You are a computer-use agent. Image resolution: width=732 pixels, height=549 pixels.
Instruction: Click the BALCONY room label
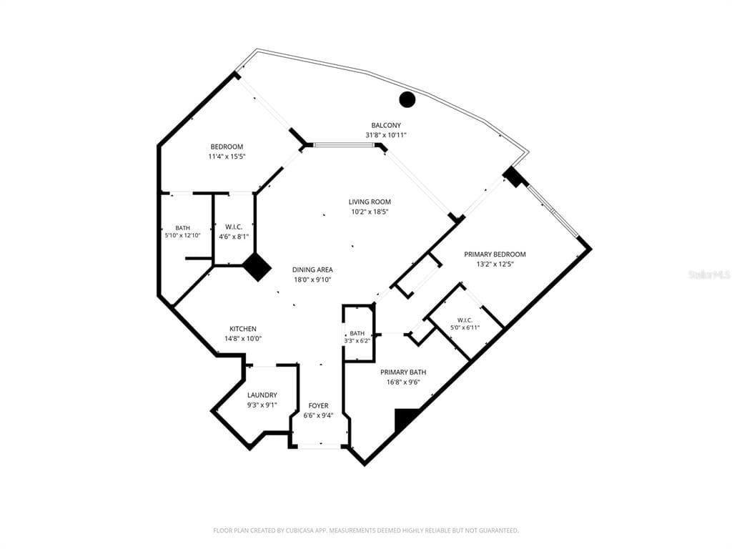point(385,125)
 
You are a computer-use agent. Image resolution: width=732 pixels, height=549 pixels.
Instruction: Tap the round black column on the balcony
point(407,99)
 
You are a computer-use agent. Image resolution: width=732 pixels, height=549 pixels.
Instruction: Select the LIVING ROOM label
point(370,202)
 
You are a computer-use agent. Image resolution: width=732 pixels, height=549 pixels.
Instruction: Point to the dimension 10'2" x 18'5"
point(370,212)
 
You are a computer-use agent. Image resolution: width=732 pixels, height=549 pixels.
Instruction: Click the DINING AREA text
point(312,269)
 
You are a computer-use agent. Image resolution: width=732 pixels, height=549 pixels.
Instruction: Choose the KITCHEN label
point(243,329)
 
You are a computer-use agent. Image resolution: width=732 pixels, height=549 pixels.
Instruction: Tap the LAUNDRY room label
point(262,395)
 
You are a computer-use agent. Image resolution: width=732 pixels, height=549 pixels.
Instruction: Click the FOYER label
point(318,406)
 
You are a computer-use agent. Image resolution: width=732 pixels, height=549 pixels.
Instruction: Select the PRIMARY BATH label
point(403,372)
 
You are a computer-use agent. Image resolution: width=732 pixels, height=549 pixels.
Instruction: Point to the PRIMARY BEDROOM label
point(495,254)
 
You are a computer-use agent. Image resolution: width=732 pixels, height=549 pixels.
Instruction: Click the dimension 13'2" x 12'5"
point(495,264)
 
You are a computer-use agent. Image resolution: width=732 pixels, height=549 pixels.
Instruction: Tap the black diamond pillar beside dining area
point(257,267)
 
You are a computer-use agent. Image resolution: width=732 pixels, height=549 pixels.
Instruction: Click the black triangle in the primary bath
point(405,420)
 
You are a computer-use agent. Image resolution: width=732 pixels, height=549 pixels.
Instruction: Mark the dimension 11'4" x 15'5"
point(227,157)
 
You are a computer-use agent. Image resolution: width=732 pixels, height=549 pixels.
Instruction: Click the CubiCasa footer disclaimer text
point(366,530)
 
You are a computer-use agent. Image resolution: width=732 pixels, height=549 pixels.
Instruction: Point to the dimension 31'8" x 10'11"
point(386,135)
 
